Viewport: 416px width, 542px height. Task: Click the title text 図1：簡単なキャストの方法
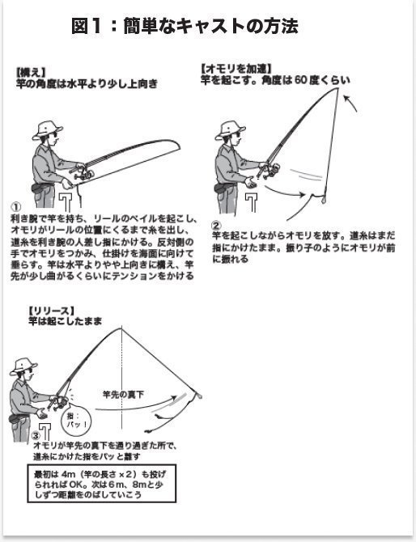coord(185,26)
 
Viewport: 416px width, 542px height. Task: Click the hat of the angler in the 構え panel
coord(48,127)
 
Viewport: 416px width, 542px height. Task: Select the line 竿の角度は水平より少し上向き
coord(87,83)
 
